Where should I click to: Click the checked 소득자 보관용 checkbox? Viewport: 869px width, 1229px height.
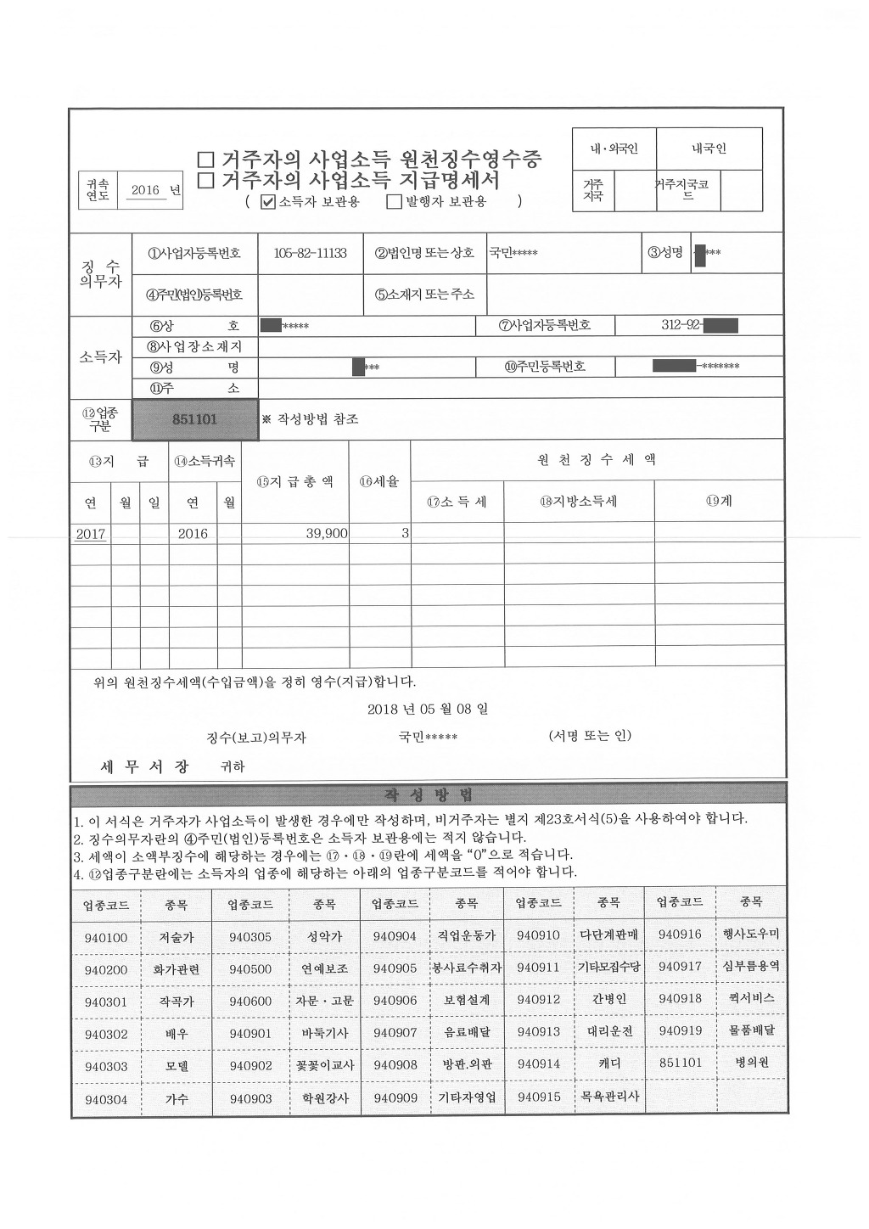coord(268,202)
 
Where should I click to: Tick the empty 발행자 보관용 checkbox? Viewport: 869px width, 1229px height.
coord(394,202)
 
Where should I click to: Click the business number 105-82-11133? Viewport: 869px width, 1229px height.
coord(311,253)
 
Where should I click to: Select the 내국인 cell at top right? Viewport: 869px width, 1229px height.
coord(709,149)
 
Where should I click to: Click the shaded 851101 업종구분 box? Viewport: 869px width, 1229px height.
coord(195,419)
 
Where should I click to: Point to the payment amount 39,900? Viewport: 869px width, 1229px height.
coord(327,533)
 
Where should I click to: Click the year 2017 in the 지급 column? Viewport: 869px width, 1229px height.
coord(90,534)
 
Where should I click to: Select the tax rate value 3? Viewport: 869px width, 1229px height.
coord(405,533)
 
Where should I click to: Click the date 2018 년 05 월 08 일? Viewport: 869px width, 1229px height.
coord(428,709)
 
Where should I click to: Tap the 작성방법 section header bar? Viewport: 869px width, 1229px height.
coord(429,795)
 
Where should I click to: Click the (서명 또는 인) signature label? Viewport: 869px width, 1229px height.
coord(590,735)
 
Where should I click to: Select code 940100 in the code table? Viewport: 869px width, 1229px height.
coord(106,937)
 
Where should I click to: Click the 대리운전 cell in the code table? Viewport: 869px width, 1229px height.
coord(609,1032)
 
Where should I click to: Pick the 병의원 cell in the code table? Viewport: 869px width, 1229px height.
coord(752,1062)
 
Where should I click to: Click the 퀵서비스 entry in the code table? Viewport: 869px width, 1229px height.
coord(752,998)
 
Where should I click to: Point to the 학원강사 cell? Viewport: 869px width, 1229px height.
coord(323,1097)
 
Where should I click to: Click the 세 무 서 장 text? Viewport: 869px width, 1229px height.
coord(145,766)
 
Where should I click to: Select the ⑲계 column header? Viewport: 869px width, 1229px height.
coord(719,501)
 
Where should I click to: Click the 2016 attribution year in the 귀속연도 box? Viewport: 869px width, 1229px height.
coord(145,190)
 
